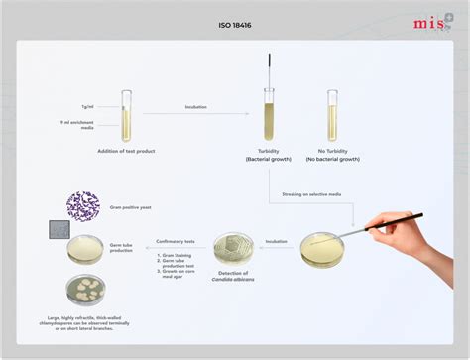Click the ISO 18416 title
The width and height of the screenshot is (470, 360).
[234, 24]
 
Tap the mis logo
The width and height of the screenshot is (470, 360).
[432, 23]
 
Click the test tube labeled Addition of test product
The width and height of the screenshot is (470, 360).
[126, 116]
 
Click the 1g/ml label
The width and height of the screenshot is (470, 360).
[87, 106]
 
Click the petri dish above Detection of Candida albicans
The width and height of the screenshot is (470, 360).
[234, 247]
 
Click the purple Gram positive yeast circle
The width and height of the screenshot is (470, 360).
[83, 205]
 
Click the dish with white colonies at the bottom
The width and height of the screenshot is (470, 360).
[87, 291]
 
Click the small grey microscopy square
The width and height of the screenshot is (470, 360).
[55, 231]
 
